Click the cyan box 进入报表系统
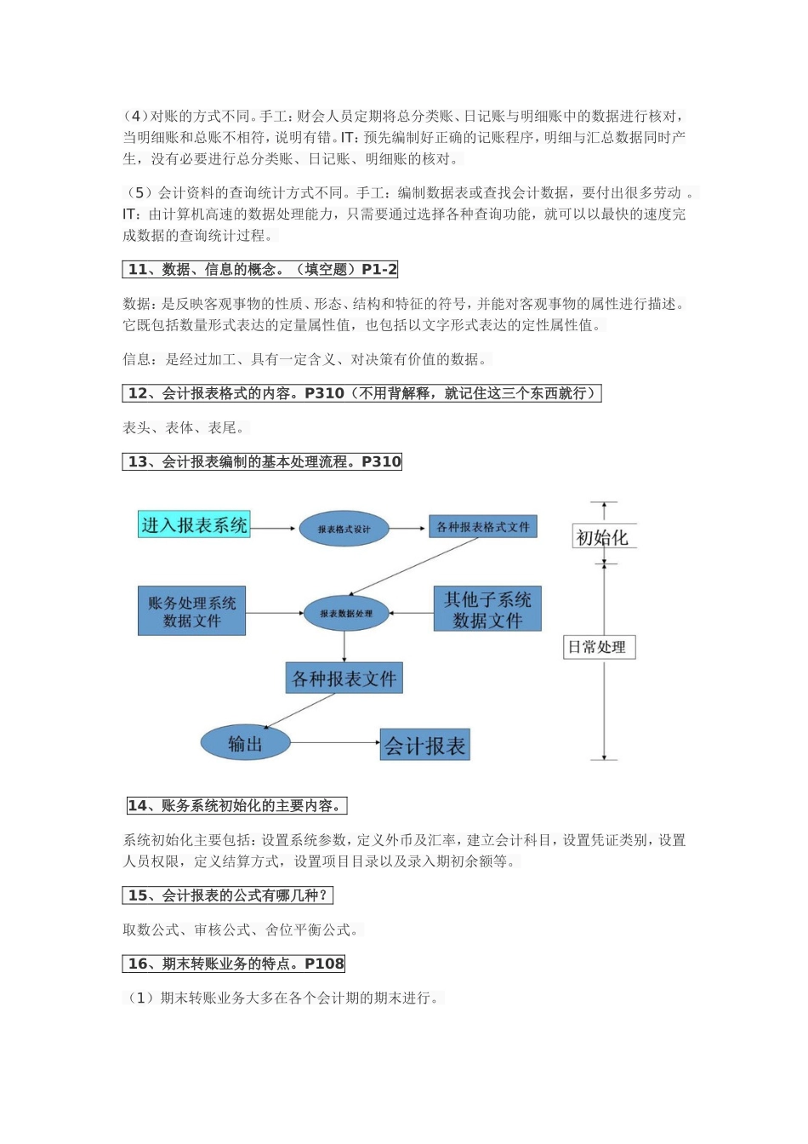[194, 524]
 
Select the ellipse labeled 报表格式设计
[344, 529]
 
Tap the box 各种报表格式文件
[482, 527]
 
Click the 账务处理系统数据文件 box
[191, 611]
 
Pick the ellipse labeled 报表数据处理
[345, 613]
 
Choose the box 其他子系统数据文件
[487, 609]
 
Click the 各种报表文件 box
[344, 678]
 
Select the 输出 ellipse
[245, 744]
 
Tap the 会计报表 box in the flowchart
[424, 746]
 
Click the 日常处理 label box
[598, 647]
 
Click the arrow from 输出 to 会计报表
[335, 743]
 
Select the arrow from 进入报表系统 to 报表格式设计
[274, 528]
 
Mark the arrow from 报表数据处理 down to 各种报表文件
[344, 646]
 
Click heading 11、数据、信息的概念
[260, 270]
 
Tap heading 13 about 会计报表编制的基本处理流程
[263, 462]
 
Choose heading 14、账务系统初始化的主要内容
[236, 806]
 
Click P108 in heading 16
[324, 964]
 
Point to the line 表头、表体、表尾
[184, 428]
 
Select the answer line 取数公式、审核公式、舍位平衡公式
[241, 930]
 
